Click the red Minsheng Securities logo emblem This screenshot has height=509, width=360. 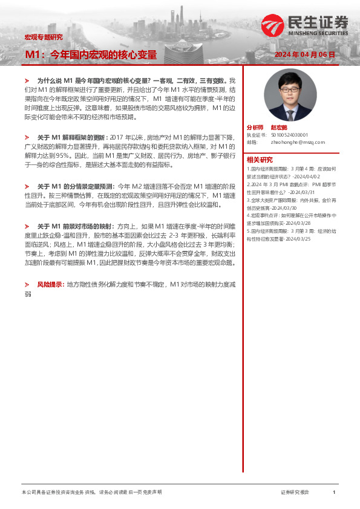pyautogui.click(x=272, y=25)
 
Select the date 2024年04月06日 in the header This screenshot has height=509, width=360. pyautogui.click(x=304, y=54)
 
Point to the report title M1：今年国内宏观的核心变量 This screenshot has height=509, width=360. pyautogui.click(x=91, y=55)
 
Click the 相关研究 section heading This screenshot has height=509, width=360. pyautogui.click(x=258, y=160)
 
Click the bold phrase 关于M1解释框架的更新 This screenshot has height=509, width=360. pyautogui.click(x=73, y=137)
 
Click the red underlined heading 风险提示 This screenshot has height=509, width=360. pyautogui.click(x=50, y=284)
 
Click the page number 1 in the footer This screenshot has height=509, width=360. pyautogui.click(x=334, y=493)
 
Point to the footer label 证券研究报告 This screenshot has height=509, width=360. pyautogui.click(x=295, y=493)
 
